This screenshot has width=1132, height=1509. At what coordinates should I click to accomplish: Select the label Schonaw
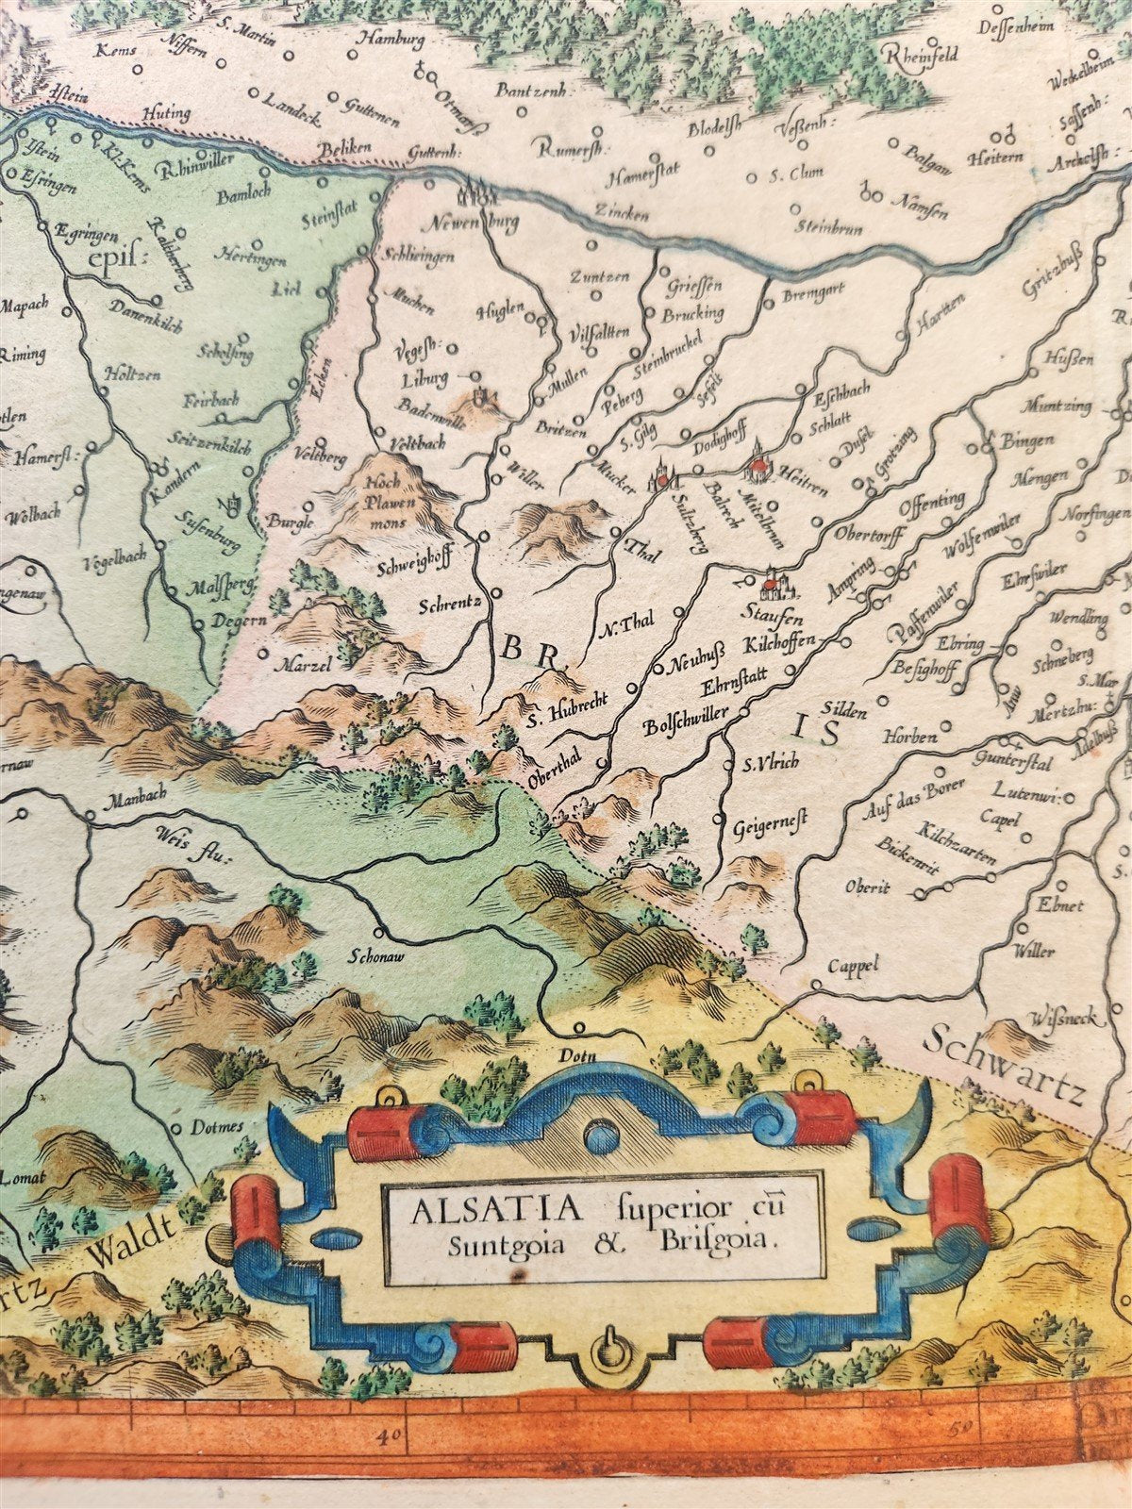coord(376,953)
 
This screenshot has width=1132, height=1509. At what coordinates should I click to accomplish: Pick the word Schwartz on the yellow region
coord(1003,1065)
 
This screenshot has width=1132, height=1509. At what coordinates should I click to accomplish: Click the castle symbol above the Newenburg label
coord(475,192)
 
